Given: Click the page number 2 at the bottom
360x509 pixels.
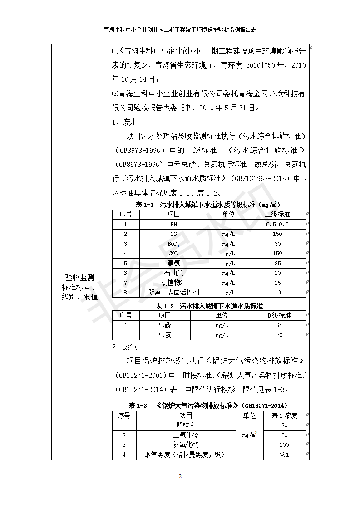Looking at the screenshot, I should [x=180, y=476].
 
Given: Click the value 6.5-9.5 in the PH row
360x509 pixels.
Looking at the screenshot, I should [x=277, y=224].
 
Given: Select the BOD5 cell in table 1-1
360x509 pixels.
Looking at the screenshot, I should [x=173, y=244].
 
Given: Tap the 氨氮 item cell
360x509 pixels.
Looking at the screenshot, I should [x=173, y=263].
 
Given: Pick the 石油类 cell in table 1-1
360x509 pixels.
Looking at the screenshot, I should [x=173, y=273].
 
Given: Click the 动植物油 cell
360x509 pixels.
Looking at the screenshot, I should [x=173, y=283].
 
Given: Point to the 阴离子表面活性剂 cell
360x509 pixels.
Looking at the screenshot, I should [x=173, y=293].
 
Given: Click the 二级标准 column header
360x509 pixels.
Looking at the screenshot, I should [x=277, y=214].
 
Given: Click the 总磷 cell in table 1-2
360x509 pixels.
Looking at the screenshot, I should [x=165, y=325].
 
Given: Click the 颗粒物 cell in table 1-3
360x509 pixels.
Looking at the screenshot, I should [x=186, y=426].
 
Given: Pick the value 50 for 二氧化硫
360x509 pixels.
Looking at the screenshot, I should [x=285, y=436].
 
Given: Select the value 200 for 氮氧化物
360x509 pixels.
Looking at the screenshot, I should [x=285, y=445].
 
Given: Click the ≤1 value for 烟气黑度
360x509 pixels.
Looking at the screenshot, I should [x=285, y=455].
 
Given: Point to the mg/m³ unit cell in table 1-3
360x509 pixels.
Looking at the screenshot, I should [x=250, y=435].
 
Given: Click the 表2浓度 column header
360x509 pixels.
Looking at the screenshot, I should [x=285, y=416].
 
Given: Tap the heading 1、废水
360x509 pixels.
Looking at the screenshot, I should [x=124, y=122].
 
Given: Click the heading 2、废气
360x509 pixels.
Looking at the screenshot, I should [x=124, y=347].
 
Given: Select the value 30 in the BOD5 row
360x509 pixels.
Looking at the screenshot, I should [x=277, y=244].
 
